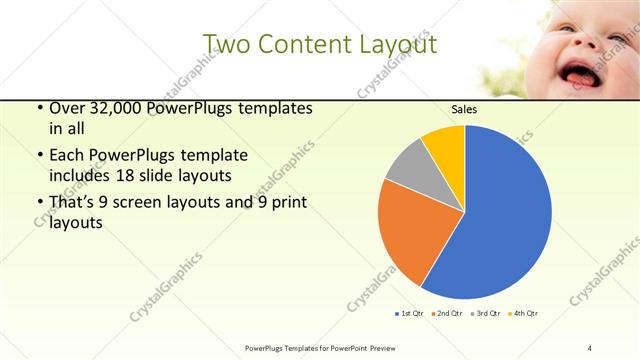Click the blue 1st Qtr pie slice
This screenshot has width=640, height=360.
(x=500, y=215)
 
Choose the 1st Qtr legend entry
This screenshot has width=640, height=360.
(x=410, y=314)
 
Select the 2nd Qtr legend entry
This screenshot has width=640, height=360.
(x=446, y=314)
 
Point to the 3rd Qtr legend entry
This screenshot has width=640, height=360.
(x=486, y=314)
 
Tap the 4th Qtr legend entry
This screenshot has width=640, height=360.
(x=524, y=314)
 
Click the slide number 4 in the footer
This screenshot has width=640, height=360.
(x=589, y=347)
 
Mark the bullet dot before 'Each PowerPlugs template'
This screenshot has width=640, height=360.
(x=39, y=156)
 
